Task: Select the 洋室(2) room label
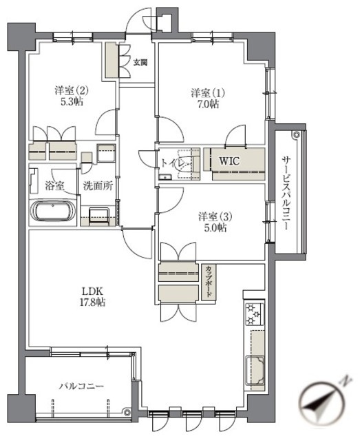coord(72,90)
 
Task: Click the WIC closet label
coord(229,161)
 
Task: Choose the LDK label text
coord(92,290)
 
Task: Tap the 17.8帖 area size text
coord(92,302)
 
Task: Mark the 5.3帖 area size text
coord(72,102)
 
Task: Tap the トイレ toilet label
coord(172,164)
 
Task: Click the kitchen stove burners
coord(253,314)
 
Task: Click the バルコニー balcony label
coord(81,387)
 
